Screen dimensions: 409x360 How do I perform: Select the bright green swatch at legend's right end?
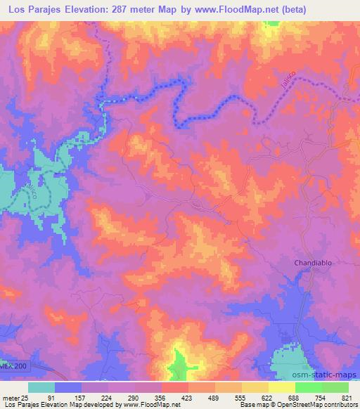(335, 387)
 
